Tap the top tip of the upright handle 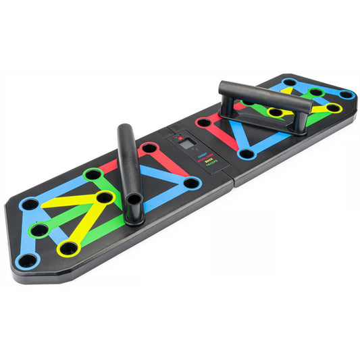(124, 128)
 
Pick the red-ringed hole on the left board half (150, 148)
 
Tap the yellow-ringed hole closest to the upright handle (104, 197)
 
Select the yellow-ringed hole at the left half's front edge (68, 249)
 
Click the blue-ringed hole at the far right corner (346, 95)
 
